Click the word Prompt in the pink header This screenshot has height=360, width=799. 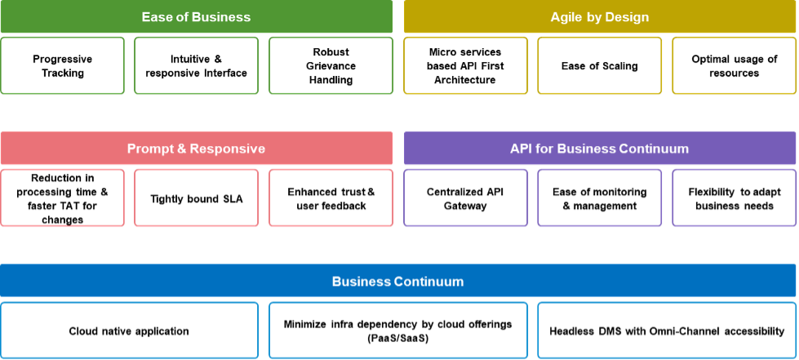click(x=149, y=149)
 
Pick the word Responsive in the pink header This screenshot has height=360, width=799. click(x=225, y=149)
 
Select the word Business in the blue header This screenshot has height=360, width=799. click(x=361, y=282)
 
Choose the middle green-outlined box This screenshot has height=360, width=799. click(x=197, y=65)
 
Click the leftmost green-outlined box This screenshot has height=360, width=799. click(x=63, y=65)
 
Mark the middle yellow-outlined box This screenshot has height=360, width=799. click(x=600, y=65)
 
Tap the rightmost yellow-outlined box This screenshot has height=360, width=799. click(x=735, y=65)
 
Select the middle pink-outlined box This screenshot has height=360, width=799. click(x=197, y=198)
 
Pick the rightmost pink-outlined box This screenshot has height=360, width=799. click(x=331, y=198)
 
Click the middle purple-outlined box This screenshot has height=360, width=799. click(x=600, y=198)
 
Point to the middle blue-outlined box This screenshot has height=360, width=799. click(x=398, y=330)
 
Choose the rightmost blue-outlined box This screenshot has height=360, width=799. click(x=667, y=330)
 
